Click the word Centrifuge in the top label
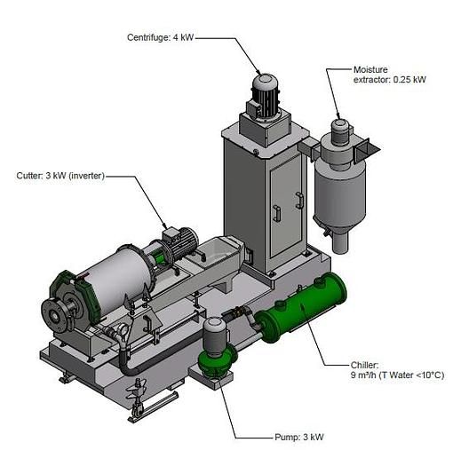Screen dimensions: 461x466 point(148,38)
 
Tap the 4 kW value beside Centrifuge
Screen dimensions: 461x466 point(183,37)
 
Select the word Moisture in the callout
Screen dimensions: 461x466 point(370,69)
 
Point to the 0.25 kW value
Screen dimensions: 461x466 point(409,80)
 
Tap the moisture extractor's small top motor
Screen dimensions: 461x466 point(340,131)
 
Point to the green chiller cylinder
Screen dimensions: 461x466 point(301,307)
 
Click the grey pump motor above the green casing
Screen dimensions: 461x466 point(214,336)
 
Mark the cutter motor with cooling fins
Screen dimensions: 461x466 point(180,243)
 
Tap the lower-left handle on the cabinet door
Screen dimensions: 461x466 point(277,213)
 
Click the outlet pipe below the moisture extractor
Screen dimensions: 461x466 point(340,242)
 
